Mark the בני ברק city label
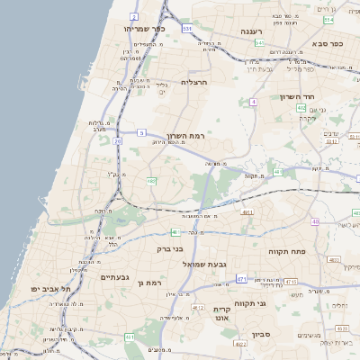pos(169,248)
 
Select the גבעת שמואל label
pos(209,263)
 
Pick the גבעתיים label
pos(117,277)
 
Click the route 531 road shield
pos(187,29)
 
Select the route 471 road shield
pos(241,279)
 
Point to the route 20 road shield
pos(118,141)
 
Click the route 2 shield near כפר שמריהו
pos(133,16)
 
